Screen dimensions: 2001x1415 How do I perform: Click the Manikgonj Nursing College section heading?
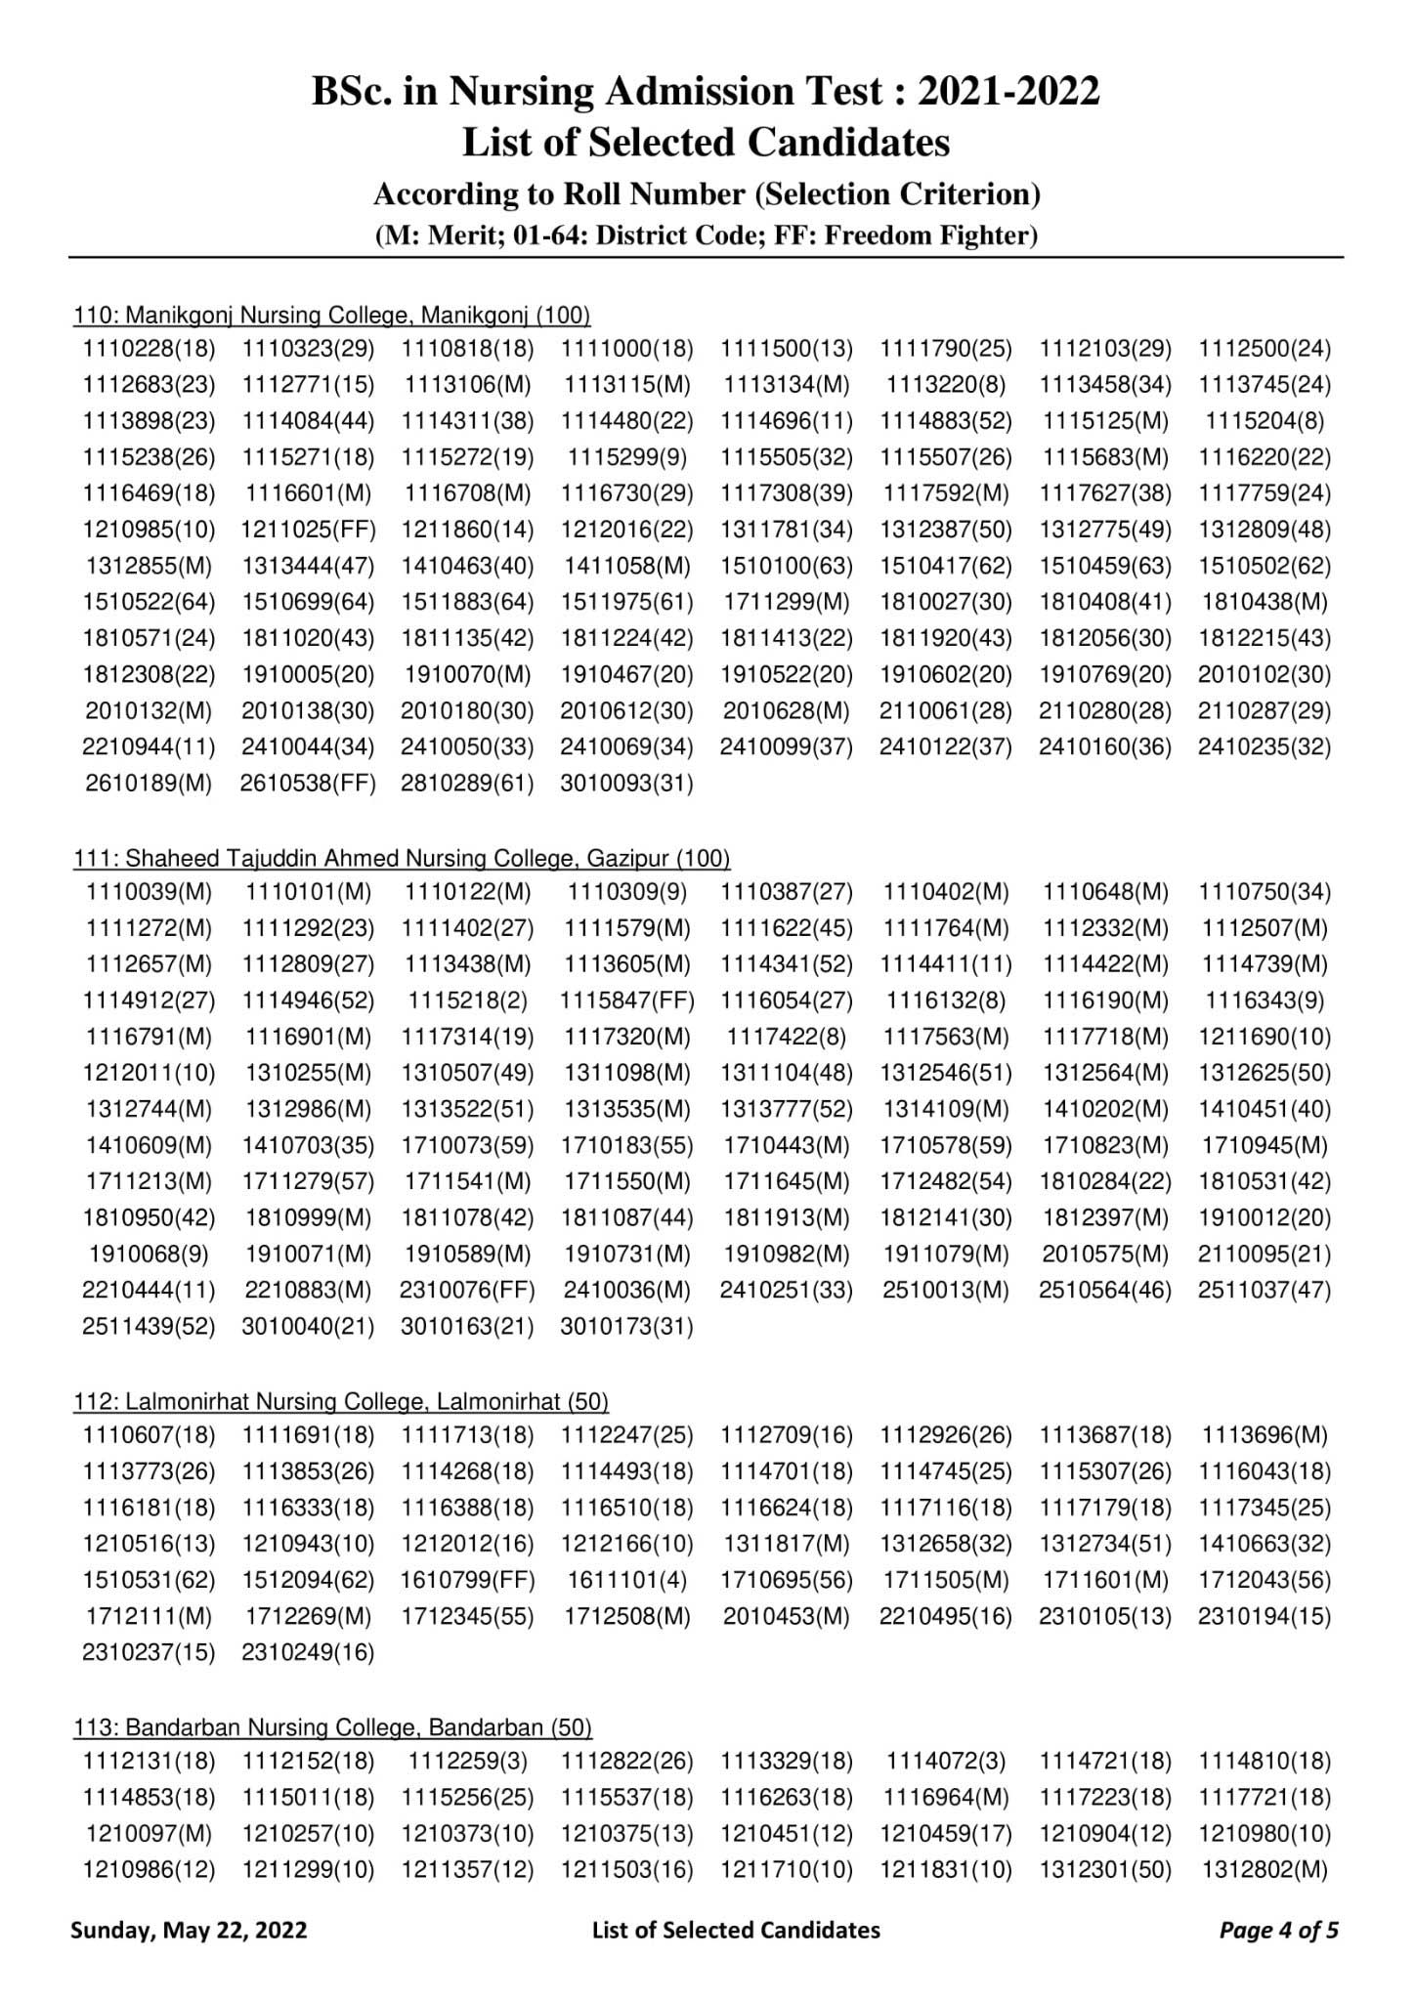pos(332,315)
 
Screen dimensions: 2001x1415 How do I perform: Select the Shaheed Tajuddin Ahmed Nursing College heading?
pos(402,858)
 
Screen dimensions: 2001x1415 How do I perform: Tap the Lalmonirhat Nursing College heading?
pos(341,1401)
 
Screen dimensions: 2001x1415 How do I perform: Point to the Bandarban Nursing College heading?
pos(332,1727)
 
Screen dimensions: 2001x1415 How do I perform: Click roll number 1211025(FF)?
pos(308,531)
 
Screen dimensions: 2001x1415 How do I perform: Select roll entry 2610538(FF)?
pos(308,784)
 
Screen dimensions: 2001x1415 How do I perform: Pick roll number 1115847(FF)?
pos(627,1000)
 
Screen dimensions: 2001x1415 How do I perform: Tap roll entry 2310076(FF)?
pos(467,1290)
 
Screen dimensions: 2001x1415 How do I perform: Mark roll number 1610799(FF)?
pos(467,1580)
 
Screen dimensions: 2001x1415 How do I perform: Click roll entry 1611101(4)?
pos(627,1580)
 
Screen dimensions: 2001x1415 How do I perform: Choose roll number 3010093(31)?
pos(627,784)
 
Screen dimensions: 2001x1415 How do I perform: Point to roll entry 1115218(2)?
pos(467,1000)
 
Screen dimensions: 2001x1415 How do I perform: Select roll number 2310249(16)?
pos(308,1652)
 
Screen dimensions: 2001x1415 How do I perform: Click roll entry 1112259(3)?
pos(467,1761)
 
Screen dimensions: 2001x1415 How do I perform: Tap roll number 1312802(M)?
pos(1265,1869)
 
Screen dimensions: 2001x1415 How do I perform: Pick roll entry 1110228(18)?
pos(149,349)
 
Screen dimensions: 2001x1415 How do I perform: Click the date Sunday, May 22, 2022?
pos(189,1930)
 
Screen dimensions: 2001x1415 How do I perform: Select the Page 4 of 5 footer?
pos(1279,1930)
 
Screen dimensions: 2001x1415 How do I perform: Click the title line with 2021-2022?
pos(706,91)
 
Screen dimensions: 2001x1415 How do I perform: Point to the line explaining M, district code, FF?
pos(706,235)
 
